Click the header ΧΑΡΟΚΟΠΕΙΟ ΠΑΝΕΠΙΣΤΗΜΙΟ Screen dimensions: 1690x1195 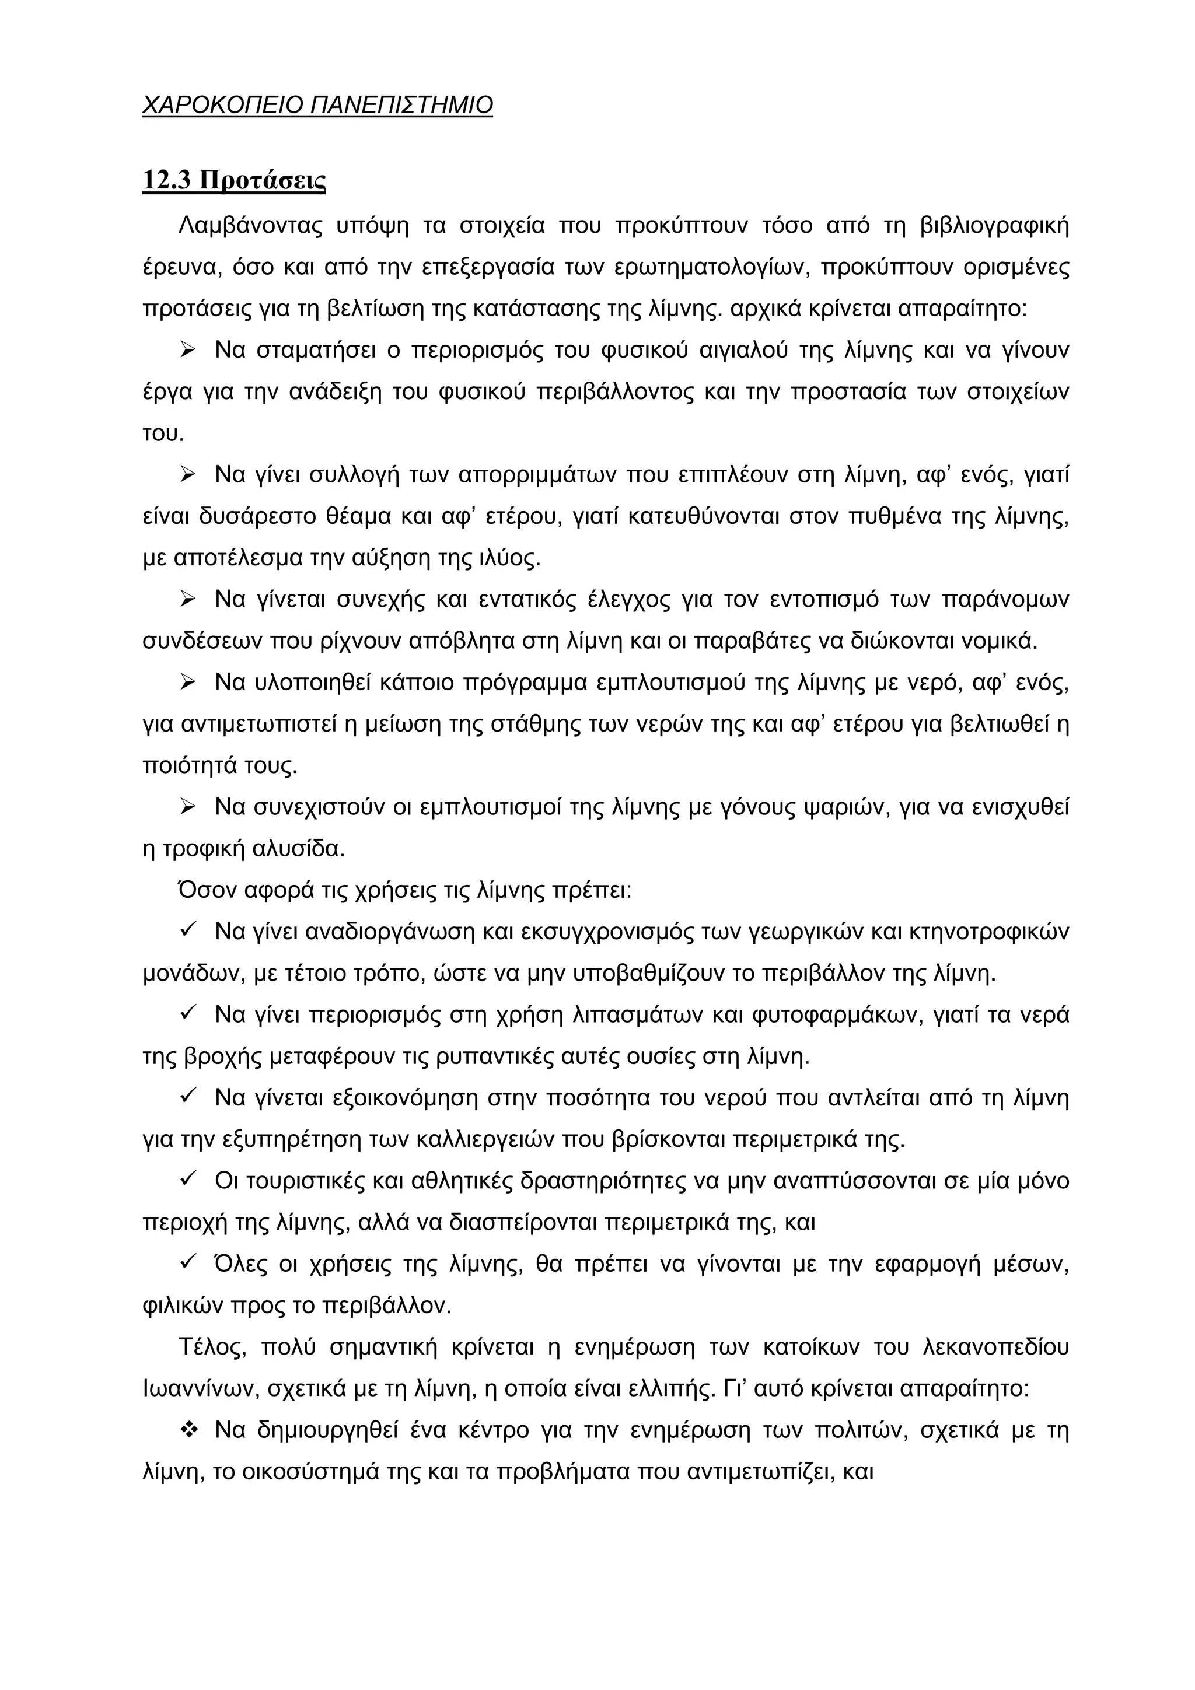317,105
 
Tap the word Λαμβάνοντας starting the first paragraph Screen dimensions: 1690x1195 250,225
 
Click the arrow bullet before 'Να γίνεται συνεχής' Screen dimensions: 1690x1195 188,600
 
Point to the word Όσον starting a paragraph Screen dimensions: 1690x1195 205,891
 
